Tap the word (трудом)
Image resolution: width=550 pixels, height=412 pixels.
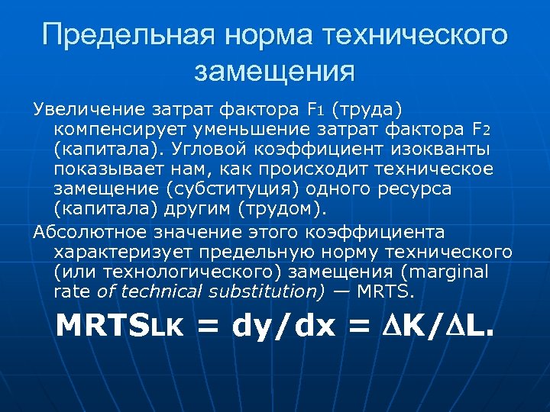283,208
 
